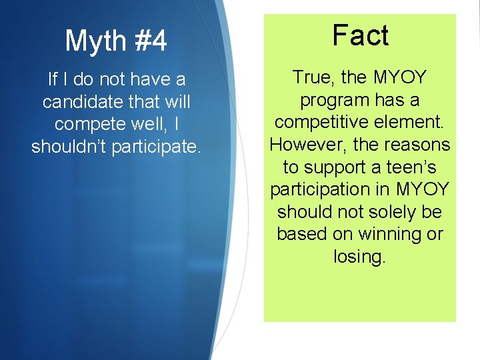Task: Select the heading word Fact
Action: point(360,35)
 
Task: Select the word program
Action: point(337,101)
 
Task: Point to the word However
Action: point(303,145)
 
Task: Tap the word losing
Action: point(359,257)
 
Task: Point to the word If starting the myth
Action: point(53,80)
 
